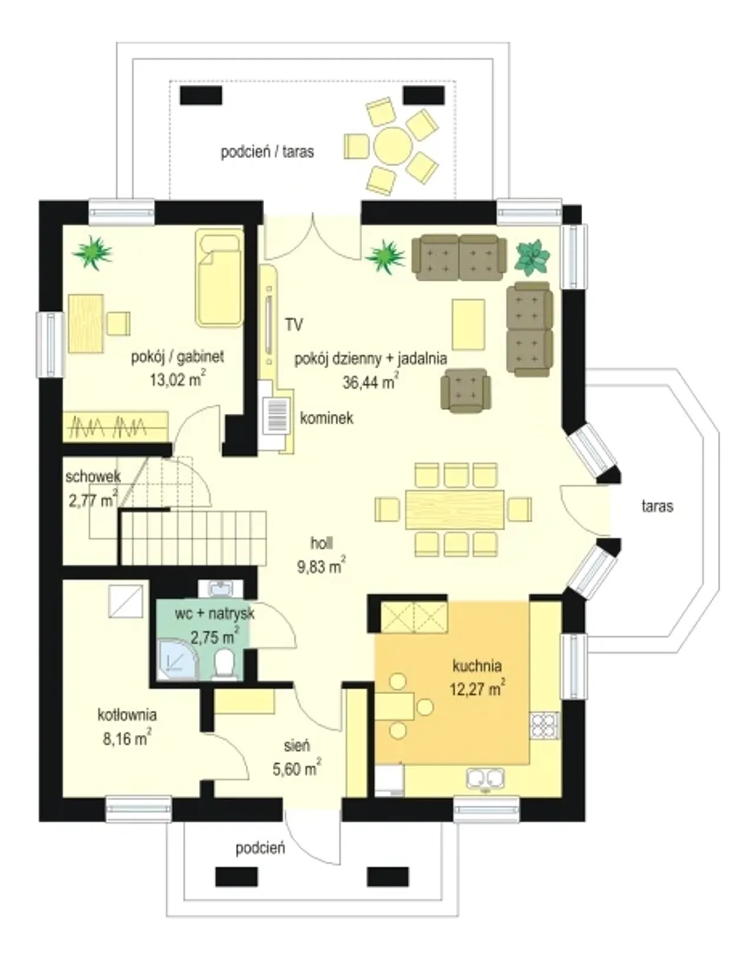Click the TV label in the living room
click(x=294, y=325)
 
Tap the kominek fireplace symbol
click(x=277, y=415)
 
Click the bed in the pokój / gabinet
click(x=219, y=278)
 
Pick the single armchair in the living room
click(x=466, y=390)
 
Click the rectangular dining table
click(x=455, y=509)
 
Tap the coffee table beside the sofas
click(x=468, y=324)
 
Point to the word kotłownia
click(x=127, y=715)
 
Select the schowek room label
click(x=93, y=477)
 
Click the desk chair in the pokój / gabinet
click(x=119, y=323)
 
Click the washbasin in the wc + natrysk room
click(x=221, y=589)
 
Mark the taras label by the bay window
click(x=657, y=506)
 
